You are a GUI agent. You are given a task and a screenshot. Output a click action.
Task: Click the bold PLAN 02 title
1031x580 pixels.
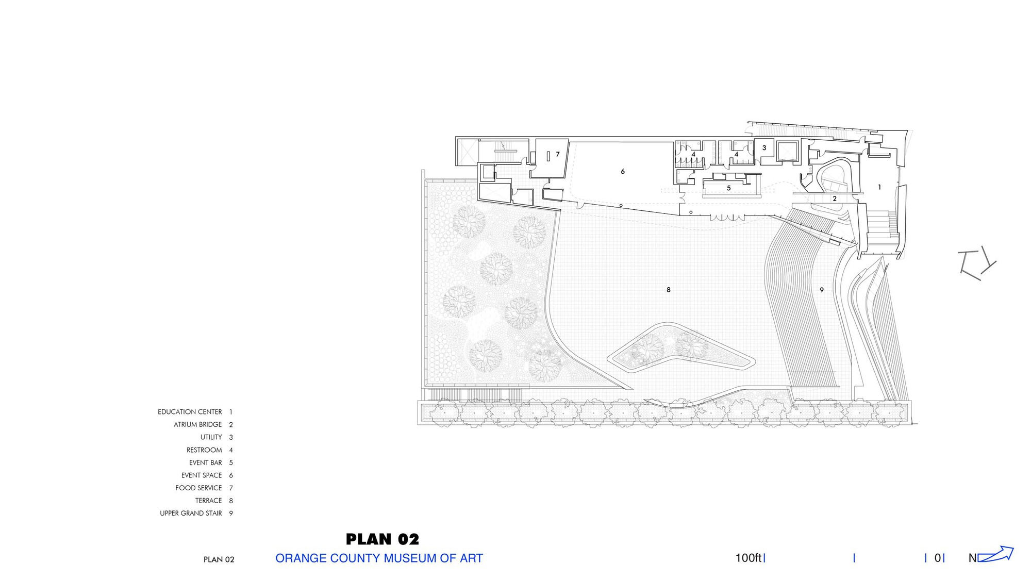(x=383, y=539)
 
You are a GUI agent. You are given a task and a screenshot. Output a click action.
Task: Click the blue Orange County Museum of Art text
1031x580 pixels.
(x=379, y=558)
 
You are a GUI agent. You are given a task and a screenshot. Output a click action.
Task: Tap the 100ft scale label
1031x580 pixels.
(x=749, y=558)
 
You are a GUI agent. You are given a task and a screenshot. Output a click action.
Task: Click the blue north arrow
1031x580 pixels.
(x=995, y=554)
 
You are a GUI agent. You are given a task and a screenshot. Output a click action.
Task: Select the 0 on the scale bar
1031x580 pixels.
(x=938, y=558)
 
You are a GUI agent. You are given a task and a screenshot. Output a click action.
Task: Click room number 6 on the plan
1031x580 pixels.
(x=623, y=172)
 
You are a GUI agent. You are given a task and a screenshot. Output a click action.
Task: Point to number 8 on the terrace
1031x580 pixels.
(x=669, y=290)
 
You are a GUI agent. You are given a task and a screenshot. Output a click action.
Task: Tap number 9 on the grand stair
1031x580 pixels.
(x=822, y=290)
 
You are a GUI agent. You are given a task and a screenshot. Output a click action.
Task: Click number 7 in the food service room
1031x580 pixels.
(x=558, y=154)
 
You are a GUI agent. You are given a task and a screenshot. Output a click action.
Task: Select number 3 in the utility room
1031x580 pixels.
(x=764, y=148)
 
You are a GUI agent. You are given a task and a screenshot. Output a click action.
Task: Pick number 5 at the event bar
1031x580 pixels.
(x=729, y=188)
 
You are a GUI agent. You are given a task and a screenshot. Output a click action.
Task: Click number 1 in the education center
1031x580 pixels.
(x=879, y=187)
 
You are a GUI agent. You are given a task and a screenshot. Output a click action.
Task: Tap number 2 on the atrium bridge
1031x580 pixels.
(x=835, y=199)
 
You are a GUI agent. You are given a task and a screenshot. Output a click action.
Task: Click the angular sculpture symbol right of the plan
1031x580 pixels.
(x=976, y=263)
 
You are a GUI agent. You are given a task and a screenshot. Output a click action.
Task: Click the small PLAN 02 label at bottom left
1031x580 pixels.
(x=219, y=559)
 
